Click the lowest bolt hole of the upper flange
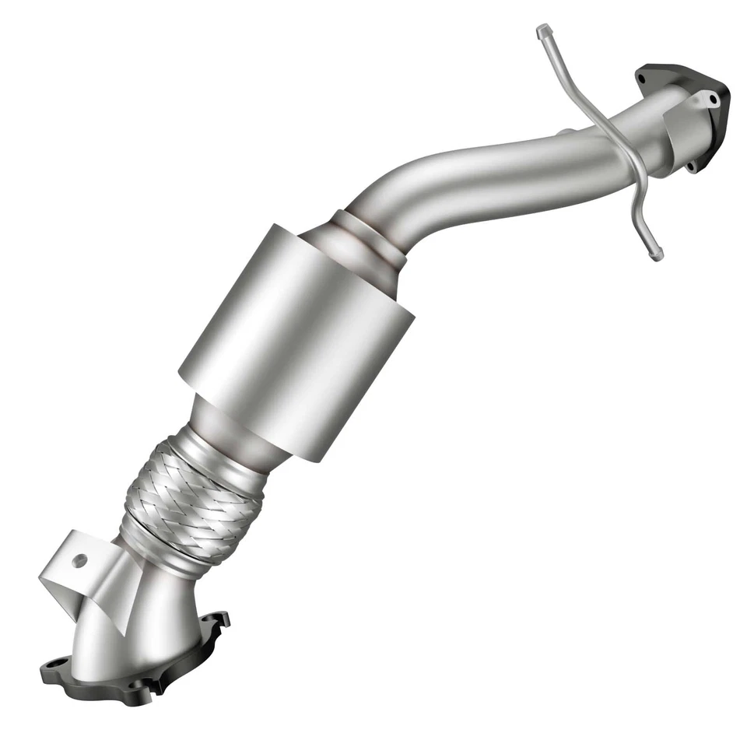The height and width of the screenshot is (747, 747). [x=691, y=165]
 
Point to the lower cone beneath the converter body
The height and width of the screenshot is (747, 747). [x=233, y=436]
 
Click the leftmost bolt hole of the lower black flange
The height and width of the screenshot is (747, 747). [x=54, y=666]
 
